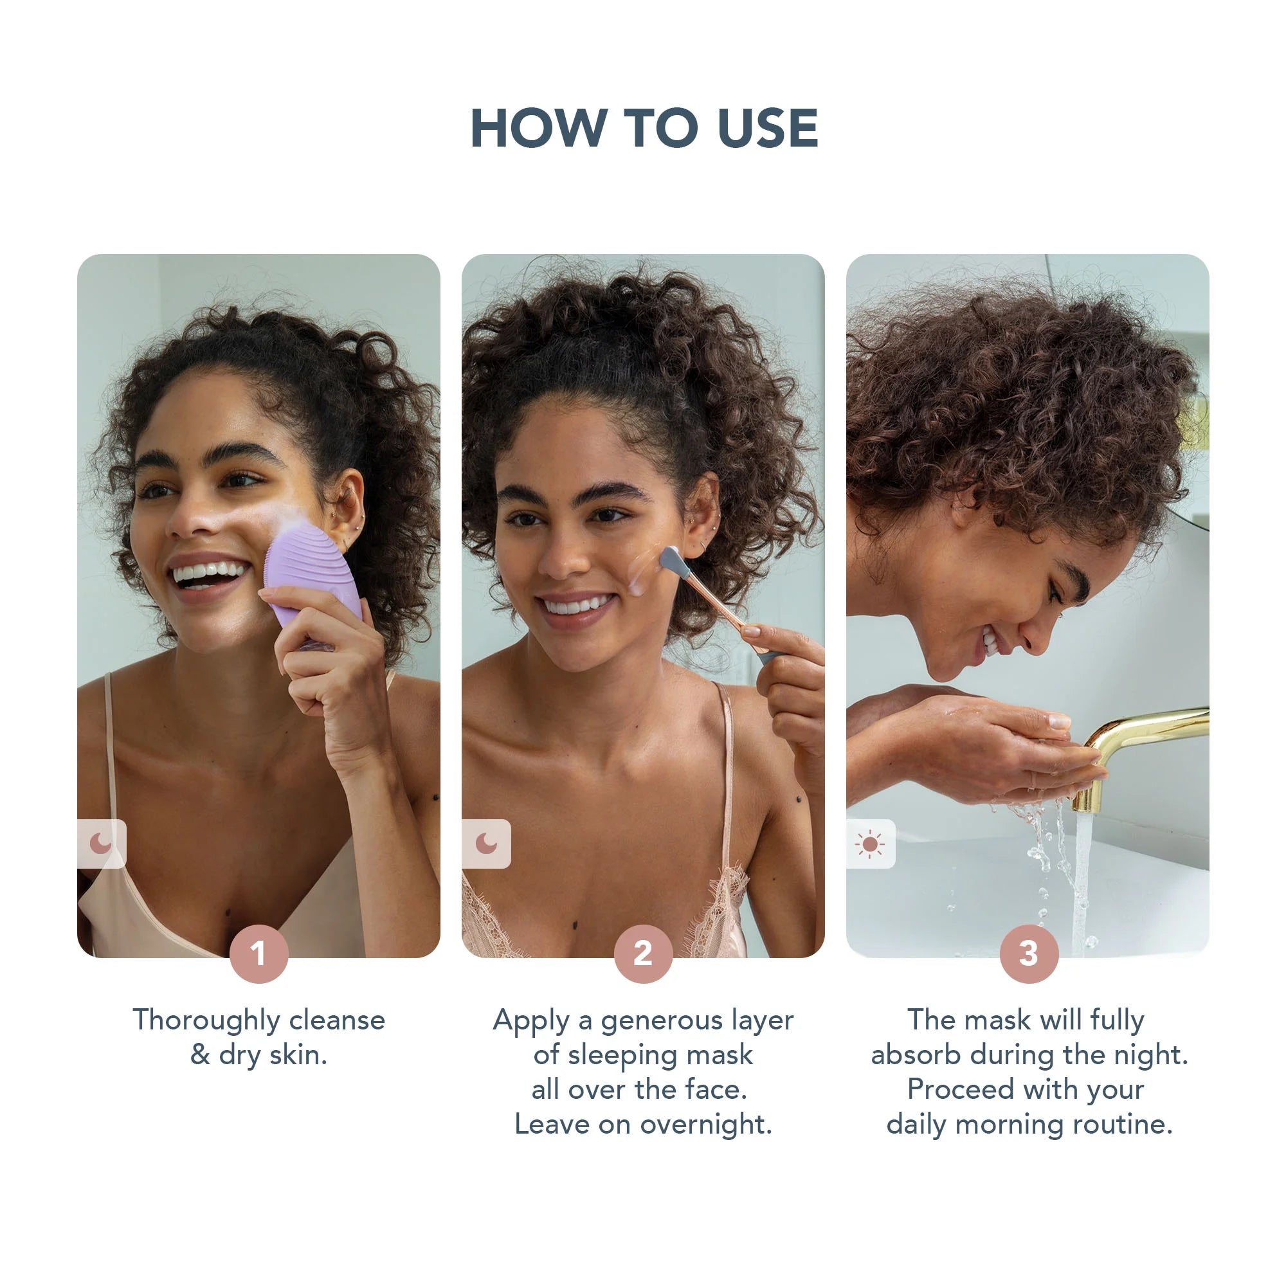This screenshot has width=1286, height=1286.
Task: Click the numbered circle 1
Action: [258, 953]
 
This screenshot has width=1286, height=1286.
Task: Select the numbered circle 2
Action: [642, 953]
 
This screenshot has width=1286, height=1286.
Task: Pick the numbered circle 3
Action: [1028, 953]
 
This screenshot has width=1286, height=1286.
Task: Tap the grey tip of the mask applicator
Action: [669, 560]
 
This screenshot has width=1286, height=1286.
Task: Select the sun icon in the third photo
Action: [869, 844]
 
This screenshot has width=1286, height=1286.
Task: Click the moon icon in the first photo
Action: [100, 844]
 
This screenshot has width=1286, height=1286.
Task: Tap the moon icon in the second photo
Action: [486, 844]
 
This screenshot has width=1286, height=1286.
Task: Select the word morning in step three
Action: [1010, 1124]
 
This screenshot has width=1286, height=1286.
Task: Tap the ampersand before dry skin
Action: [200, 1055]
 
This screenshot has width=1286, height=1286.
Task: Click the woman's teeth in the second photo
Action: [576, 605]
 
